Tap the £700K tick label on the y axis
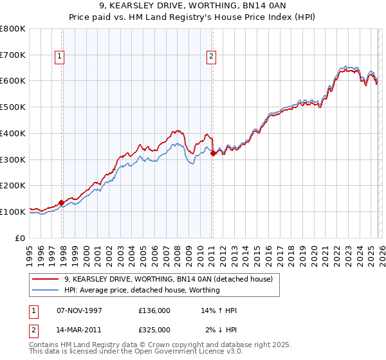[x=13, y=55]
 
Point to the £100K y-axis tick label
[x=13, y=212]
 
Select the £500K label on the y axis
[x=13, y=107]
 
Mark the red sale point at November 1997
[x=62, y=203]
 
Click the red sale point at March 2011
[x=213, y=153]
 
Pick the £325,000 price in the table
[x=154, y=329]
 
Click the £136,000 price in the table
[x=154, y=310]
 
